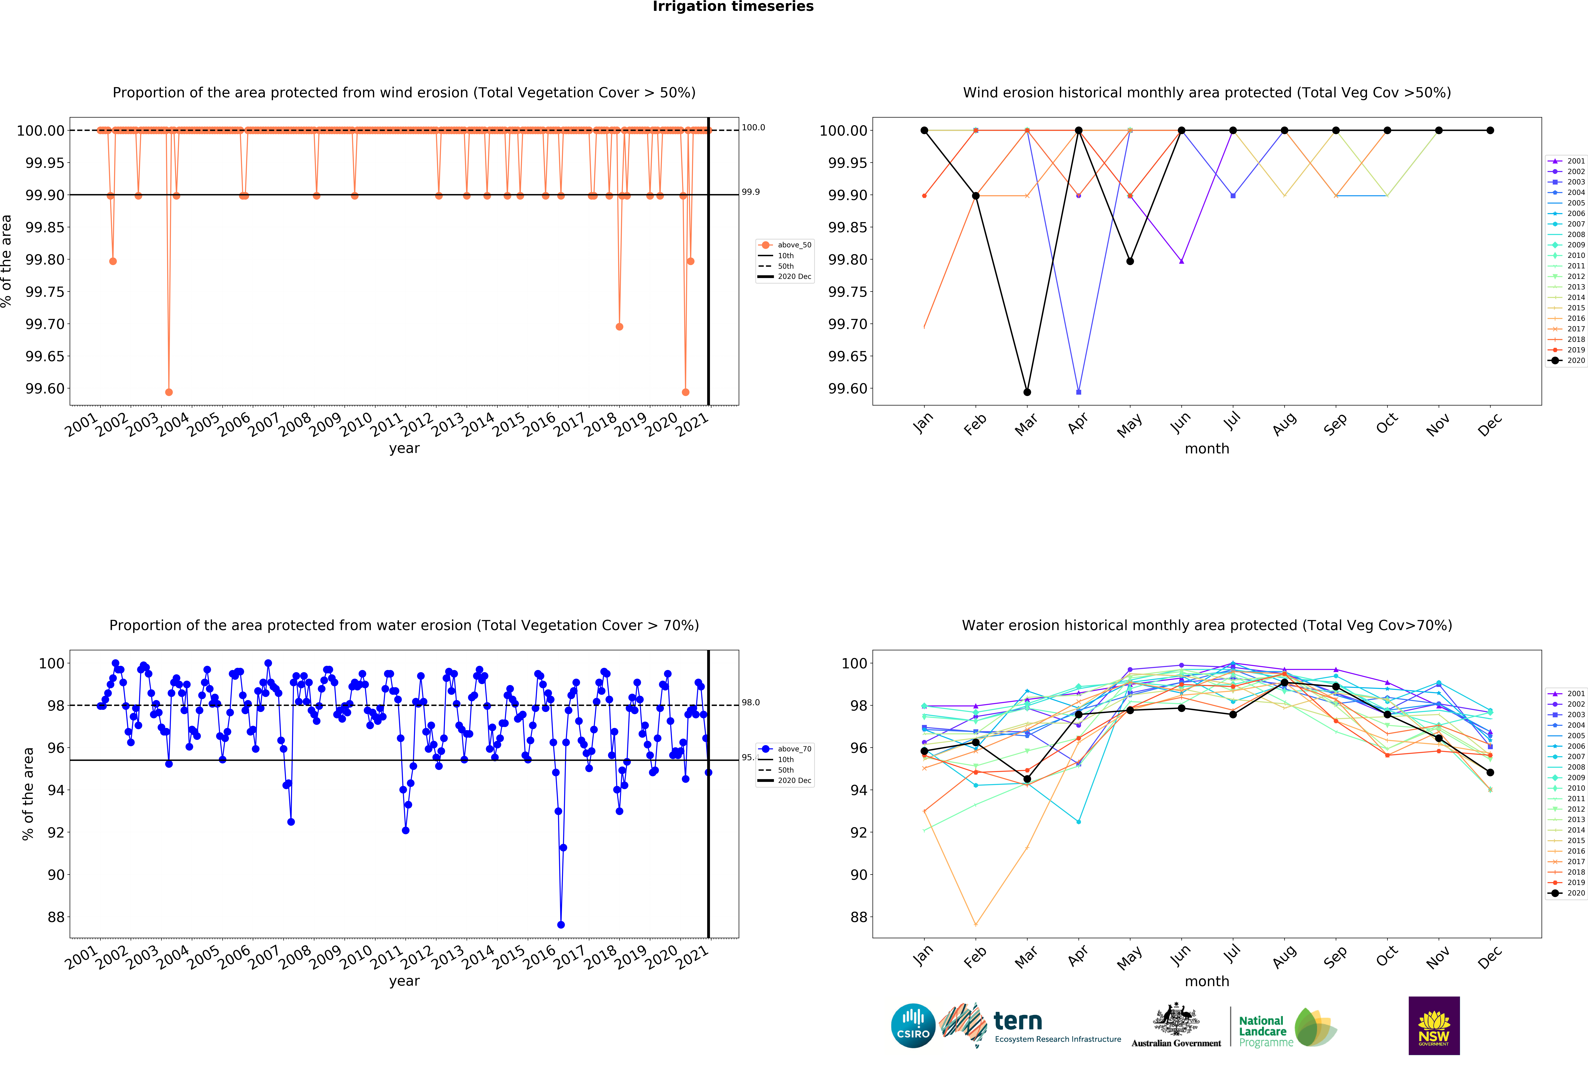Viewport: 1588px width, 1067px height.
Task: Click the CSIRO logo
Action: click(913, 1025)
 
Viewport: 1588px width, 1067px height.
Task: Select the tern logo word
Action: click(1018, 1021)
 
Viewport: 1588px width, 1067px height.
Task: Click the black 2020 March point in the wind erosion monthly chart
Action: click(1027, 392)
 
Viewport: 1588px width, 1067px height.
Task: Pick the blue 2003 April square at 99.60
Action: click(1079, 392)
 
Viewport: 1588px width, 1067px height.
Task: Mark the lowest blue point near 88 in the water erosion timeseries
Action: click(561, 925)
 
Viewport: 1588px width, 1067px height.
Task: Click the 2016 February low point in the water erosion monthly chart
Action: click(976, 925)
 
